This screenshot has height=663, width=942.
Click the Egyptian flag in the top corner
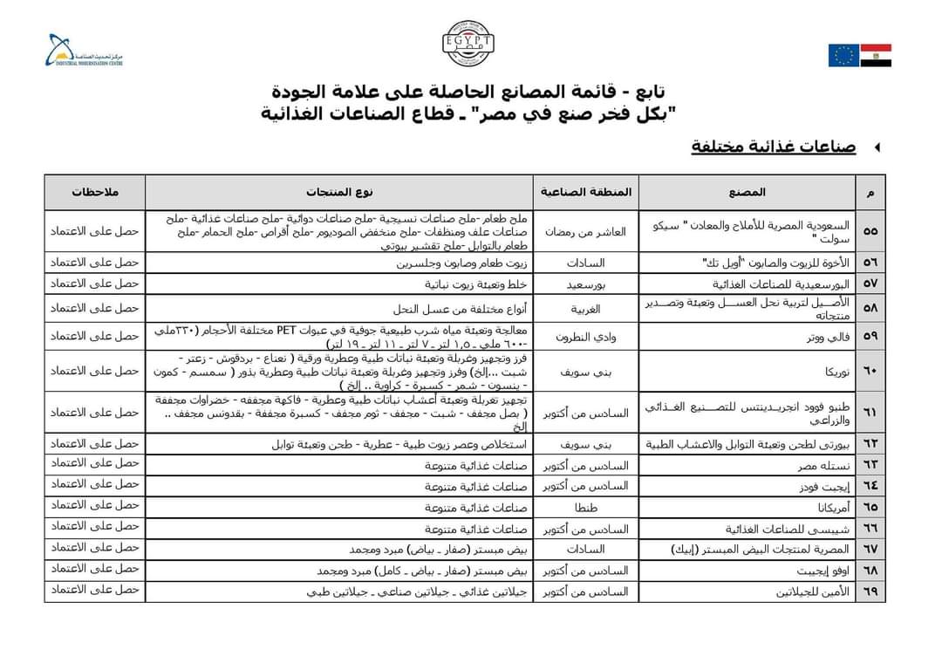[x=876, y=55]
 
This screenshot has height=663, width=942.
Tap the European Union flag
[x=843, y=55]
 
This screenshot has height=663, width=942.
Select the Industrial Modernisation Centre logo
[x=87, y=51]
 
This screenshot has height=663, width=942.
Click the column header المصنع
[x=747, y=191]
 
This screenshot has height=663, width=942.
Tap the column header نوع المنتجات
[x=339, y=191]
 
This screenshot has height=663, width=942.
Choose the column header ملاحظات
[x=95, y=191]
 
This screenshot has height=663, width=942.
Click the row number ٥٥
[x=870, y=231]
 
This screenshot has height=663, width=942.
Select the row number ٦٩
[x=870, y=592]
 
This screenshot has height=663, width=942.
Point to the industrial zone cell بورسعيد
[x=585, y=284]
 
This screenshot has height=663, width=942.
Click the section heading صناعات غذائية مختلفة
[x=773, y=147]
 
